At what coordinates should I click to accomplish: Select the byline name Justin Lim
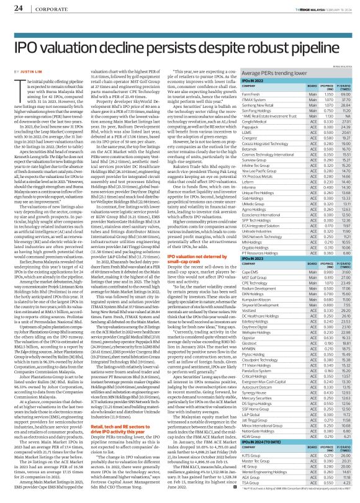(27, 71)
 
